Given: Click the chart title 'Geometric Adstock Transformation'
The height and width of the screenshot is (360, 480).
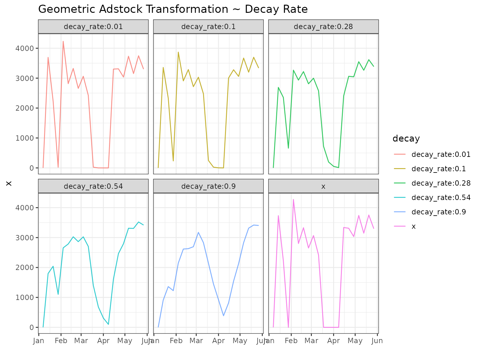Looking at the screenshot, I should click(x=173, y=9).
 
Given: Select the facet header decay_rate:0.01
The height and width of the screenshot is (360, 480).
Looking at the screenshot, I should click(x=93, y=27).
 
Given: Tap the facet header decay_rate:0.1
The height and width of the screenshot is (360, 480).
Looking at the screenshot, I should click(x=208, y=27).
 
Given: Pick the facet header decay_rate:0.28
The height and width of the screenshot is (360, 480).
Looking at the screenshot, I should click(x=323, y=27).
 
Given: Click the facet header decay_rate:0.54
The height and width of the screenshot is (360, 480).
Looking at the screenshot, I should click(x=93, y=186).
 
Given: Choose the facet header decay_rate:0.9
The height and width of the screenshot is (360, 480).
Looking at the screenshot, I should click(x=208, y=186).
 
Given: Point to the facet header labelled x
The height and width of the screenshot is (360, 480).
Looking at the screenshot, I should click(x=323, y=186).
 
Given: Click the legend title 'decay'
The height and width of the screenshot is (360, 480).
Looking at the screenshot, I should click(x=406, y=138).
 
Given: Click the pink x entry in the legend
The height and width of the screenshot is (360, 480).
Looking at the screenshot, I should click(x=413, y=226).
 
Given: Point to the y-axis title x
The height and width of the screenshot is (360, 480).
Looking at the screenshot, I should click(x=9, y=183).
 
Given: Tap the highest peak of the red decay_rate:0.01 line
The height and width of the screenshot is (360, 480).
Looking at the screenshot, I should click(x=63, y=41).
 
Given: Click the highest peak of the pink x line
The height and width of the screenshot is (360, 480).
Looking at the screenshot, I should click(x=293, y=199).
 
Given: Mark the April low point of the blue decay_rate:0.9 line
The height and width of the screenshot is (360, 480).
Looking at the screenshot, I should click(x=223, y=316).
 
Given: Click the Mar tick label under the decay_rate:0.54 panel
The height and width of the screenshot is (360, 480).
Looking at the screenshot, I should click(x=81, y=341).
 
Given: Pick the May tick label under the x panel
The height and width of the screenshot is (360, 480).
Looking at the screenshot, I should click(x=355, y=341).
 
